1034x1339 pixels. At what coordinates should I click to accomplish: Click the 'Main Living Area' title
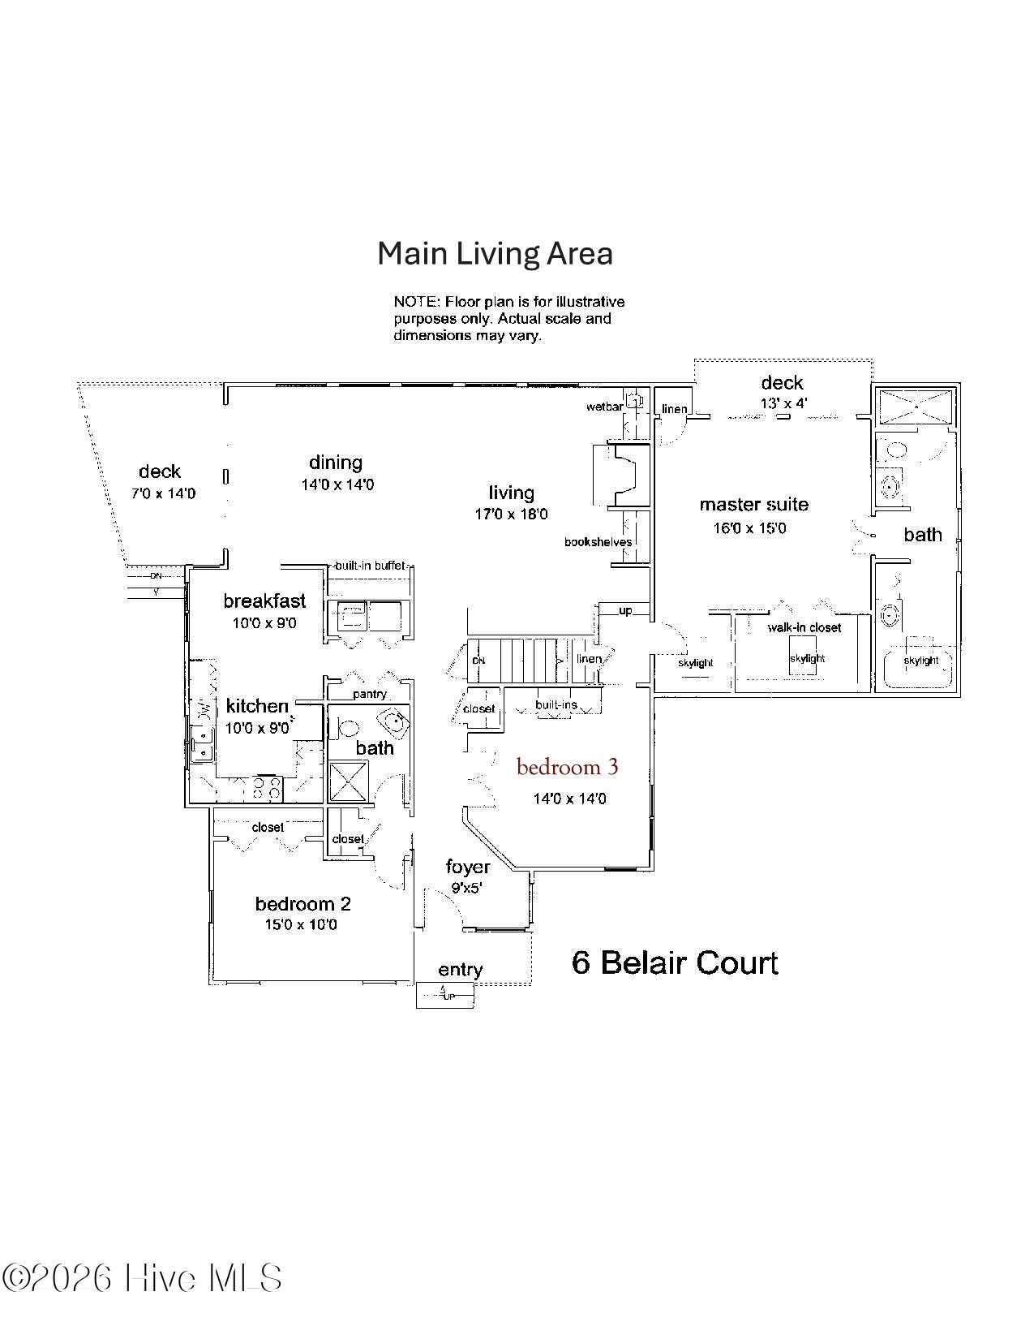point(495,254)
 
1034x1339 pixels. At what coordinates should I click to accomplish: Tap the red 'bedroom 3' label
point(567,767)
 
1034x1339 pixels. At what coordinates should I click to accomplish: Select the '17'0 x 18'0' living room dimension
point(511,515)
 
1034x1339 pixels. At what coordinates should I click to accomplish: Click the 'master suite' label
point(753,505)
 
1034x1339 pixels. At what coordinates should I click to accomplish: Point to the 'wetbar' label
point(604,407)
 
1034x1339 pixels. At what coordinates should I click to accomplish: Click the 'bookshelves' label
point(598,542)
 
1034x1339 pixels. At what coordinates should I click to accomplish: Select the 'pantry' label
point(370,694)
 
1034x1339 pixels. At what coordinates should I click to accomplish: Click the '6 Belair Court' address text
point(675,963)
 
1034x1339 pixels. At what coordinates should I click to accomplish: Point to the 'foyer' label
point(468,867)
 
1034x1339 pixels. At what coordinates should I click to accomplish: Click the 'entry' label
point(460,970)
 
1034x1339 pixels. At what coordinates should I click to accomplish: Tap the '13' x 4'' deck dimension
point(783,403)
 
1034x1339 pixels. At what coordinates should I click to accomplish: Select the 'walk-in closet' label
point(804,627)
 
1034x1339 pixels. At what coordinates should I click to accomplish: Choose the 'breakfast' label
point(264,601)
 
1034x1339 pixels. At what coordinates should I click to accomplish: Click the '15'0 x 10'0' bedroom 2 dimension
point(300,925)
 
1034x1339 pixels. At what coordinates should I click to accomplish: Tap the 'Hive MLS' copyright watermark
point(142,1278)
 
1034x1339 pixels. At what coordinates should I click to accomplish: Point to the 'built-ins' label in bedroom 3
point(556,704)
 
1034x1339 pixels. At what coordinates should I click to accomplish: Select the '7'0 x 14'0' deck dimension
point(163,493)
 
